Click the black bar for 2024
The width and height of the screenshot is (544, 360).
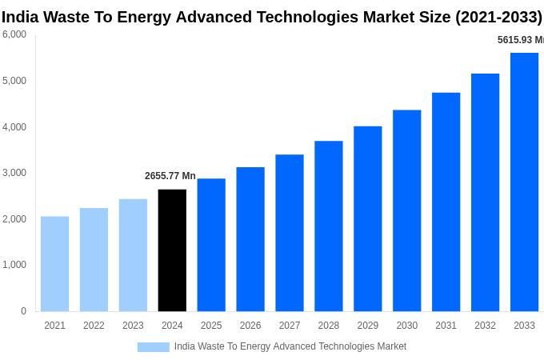pyautogui.click(x=172, y=250)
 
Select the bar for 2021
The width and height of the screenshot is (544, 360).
pyautogui.click(x=54, y=264)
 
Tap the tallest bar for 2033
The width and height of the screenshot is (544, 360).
pyautogui.click(x=524, y=182)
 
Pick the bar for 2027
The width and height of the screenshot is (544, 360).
pyautogui.click(x=290, y=233)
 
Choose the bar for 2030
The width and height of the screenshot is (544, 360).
pyautogui.click(x=406, y=210)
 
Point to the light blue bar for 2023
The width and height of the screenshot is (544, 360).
pyautogui.click(x=133, y=255)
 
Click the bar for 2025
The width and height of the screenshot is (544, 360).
pyautogui.click(x=211, y=245)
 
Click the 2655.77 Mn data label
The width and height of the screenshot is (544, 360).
pyautogui.click(x=170, y=176)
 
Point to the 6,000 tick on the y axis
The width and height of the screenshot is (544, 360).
pyautogui.click(x=14, y=34)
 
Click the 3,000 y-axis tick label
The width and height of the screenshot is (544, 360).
pyautogui.click(x=14, y=173)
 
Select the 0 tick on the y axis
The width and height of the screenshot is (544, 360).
pyautogui.click(x=23, y=311)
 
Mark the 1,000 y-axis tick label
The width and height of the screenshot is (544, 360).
pyautogui.click(x=14, y=265)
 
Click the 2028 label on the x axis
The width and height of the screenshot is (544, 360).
pyautogui.click(x=329, y=326)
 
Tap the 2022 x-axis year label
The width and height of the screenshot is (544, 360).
pyautogui.click(x=94, y=326)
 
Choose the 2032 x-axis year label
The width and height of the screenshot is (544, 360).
pyautogui.click(x=485, y=326)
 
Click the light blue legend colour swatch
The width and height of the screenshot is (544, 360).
pyautogui.click(x=154, y=347)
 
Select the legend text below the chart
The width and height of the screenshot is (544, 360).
pyautogui.click(x=290, y=346)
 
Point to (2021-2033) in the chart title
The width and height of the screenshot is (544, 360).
pyautogui.click(x=498, y=17)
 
